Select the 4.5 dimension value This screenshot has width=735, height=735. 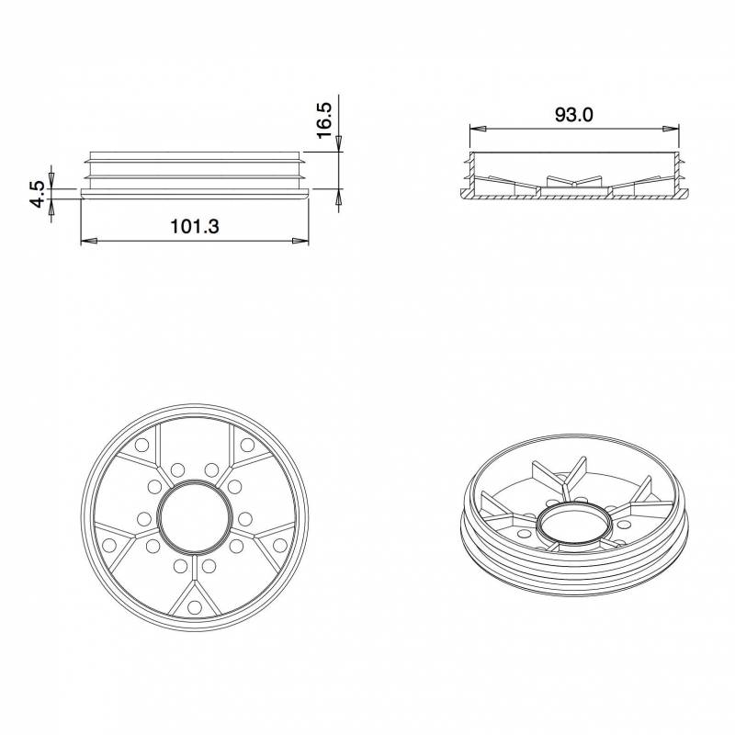[x=37, y=195]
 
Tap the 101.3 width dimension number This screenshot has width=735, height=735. [x=195, y=226]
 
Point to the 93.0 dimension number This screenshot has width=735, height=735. [x=575, y=115]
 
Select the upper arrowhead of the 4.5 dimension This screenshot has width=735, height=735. [x=52, y=179]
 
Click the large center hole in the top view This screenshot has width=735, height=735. [x=195, y=514]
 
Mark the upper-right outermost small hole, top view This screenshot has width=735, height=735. [x=247, y=445]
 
